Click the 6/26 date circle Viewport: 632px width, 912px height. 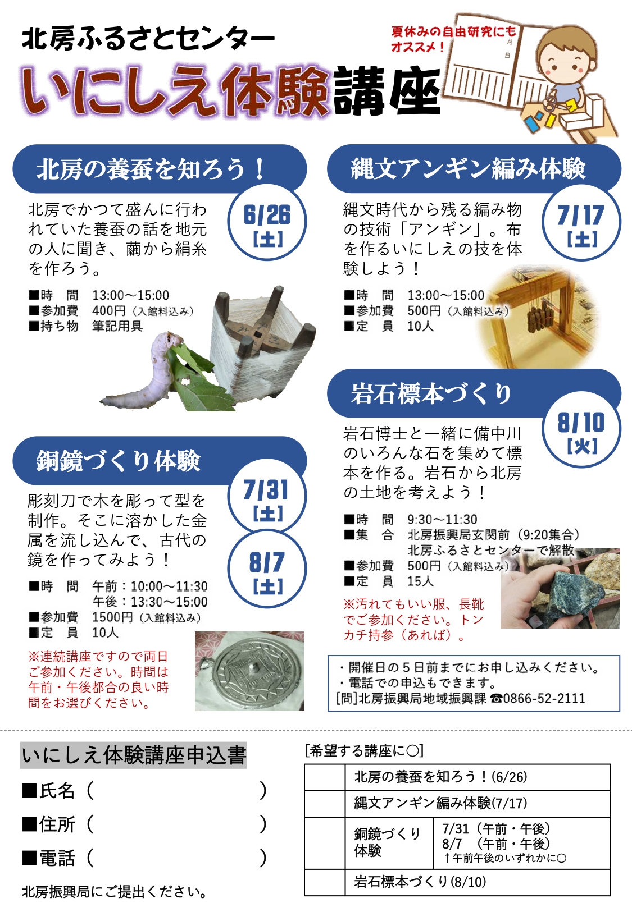(267, 222)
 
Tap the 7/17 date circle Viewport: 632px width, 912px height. (581, 222)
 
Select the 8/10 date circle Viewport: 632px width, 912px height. (581, 429)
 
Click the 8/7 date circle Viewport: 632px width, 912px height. (267, 569)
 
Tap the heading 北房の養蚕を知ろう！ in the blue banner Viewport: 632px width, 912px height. (151, 169)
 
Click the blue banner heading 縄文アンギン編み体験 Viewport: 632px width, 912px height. (468, 168)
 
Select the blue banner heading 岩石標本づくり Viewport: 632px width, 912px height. (431, 394)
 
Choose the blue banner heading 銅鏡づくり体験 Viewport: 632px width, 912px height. (118, 461)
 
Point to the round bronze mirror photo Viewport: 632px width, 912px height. (249, 671)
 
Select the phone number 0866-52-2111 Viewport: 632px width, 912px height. (544, 698)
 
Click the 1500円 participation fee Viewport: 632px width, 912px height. (112, 617)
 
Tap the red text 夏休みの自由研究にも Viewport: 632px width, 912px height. (453, 31)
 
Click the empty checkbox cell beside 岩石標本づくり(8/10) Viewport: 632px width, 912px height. (325, 882)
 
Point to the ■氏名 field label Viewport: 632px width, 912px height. (48, 791)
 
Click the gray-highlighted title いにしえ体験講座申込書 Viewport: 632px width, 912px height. (134, 755)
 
